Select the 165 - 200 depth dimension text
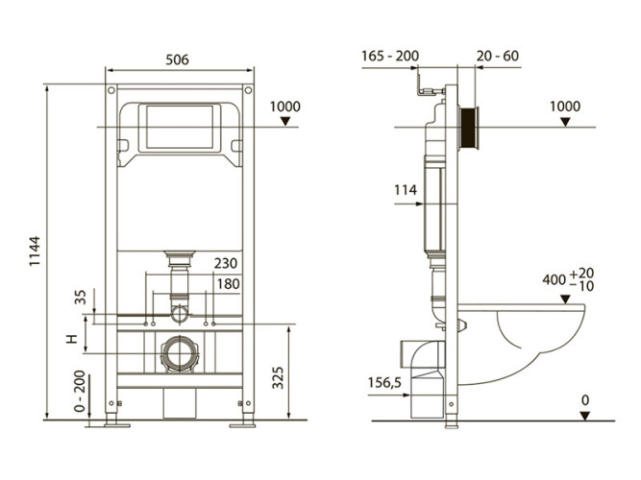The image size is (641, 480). pyautogui.click(x=390, y=56)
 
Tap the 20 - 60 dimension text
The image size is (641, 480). pyautogui.click(x=497, y=56)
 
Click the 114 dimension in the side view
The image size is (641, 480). pyautogui.click(x=405, y=190)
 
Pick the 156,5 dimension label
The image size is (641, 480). pyautogui.click(x=383, y=382)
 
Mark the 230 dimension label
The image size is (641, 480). pyautogui.click(x=227, y=263)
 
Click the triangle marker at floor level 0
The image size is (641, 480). pyautogui.click(x=584, y=415)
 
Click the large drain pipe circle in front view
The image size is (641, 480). pyautogui.click(x=179, y=354)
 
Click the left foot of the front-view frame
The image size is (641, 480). pyautogui.click(x=112, y=420)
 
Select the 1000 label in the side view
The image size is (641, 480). pyautogui.click(x=565, y=106)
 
